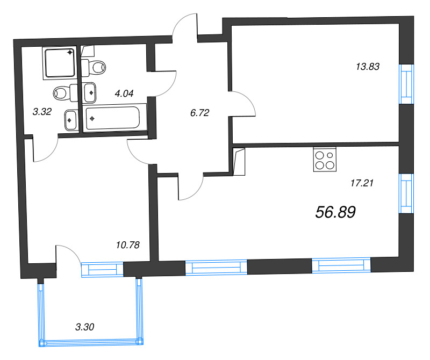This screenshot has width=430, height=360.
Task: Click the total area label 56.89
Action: pos(336,213)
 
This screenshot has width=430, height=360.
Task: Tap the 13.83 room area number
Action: pos(368,67)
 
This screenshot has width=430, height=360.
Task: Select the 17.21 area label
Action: pos(362,183)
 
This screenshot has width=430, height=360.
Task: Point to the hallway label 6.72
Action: pos(199,113)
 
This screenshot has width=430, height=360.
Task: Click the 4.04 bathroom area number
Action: pos(124,93)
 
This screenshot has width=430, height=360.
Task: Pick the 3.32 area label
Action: pos(42,112)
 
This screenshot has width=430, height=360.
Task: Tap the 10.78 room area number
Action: pos(127,245)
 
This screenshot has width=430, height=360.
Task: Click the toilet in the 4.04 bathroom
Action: pos(95,67)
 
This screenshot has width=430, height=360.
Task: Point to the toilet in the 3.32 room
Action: pos(66,93)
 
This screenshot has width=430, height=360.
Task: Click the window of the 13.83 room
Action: pos(407,83)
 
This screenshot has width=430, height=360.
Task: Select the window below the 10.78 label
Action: pos(102,269)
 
